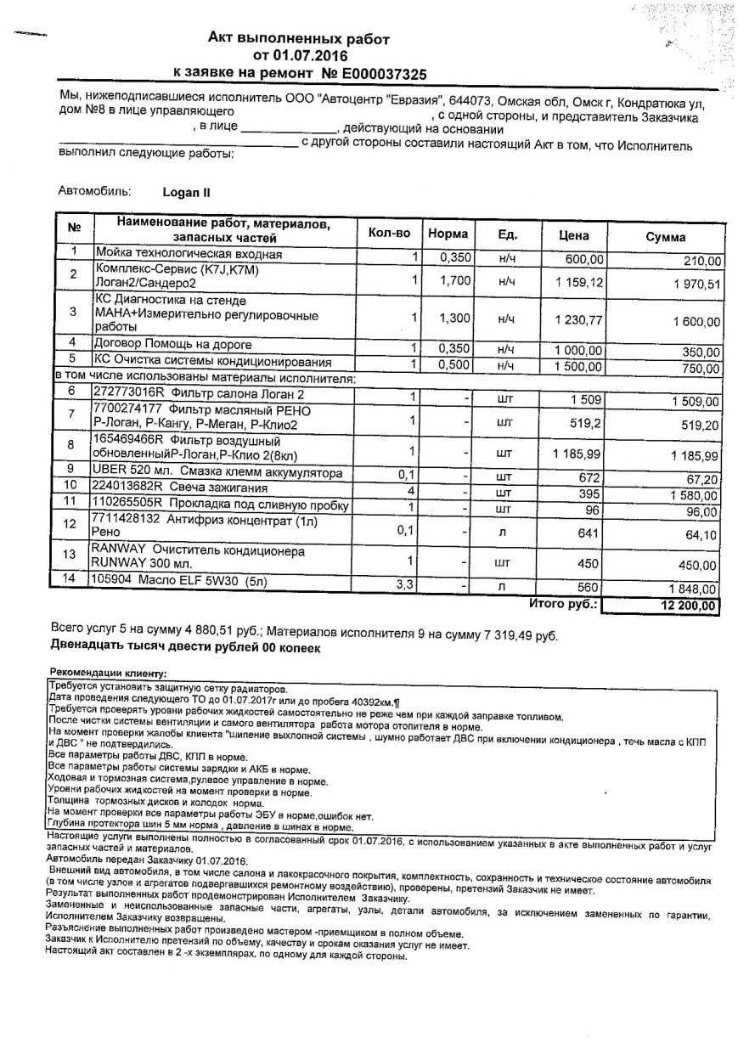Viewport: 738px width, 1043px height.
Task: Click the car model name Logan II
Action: click(186, 192)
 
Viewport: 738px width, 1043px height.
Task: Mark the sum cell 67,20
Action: click(703, 480)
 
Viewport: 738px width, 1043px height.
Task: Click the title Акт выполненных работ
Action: click(300, 39)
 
